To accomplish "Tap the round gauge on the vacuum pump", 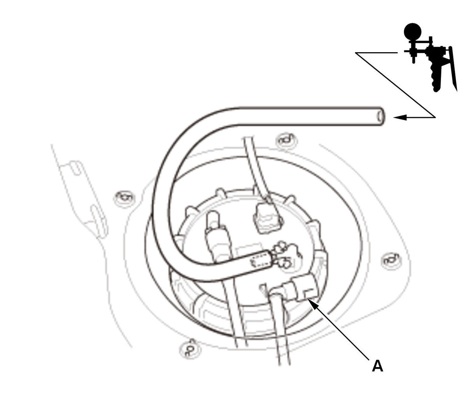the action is [413, 32].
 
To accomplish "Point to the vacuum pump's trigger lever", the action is [453, 68].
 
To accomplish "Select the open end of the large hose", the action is [381, 116].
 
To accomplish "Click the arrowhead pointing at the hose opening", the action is [400, 117].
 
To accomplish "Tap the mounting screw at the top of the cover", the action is [286, 141].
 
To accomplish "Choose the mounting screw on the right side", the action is [392, 260].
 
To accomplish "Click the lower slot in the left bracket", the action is [99, 221].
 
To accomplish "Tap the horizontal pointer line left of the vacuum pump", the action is [376, 53].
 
